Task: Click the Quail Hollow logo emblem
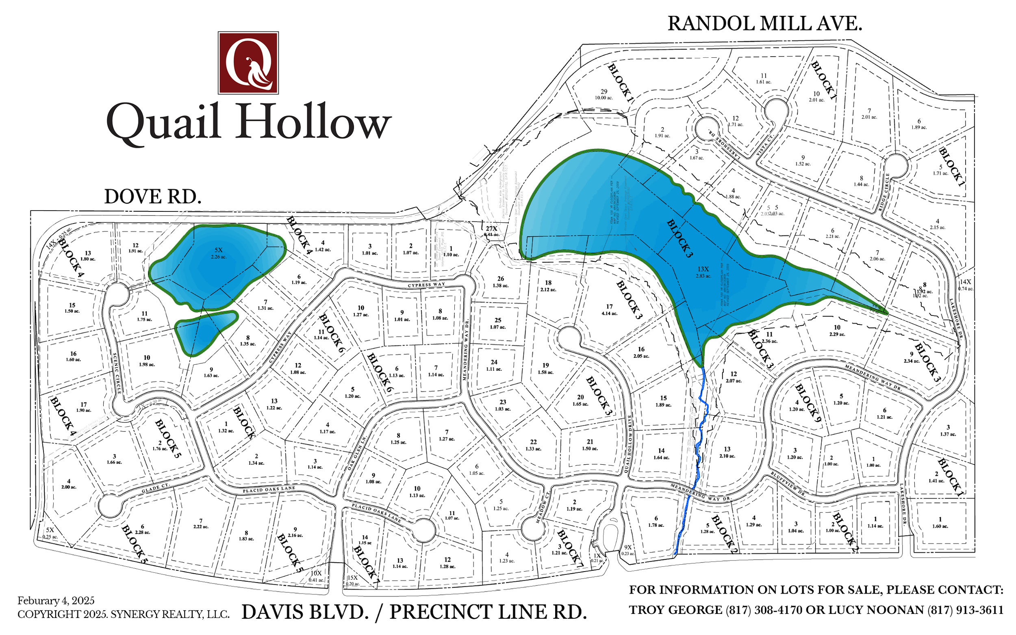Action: [248, 63]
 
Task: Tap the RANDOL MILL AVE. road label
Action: [764, 24]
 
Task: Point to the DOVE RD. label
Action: [152, 196]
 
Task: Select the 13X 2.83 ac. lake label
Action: [703, 272]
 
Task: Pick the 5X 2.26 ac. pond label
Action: [218, 253]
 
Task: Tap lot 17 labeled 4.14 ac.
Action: [609, 309]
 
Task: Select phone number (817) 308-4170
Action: [764, 610]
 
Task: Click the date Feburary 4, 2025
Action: [56, 600]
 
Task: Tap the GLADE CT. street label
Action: [155, 488]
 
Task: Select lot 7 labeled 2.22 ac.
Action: [201, 523]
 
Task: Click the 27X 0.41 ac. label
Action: [491, 231]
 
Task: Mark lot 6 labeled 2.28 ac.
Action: [143, 529]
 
